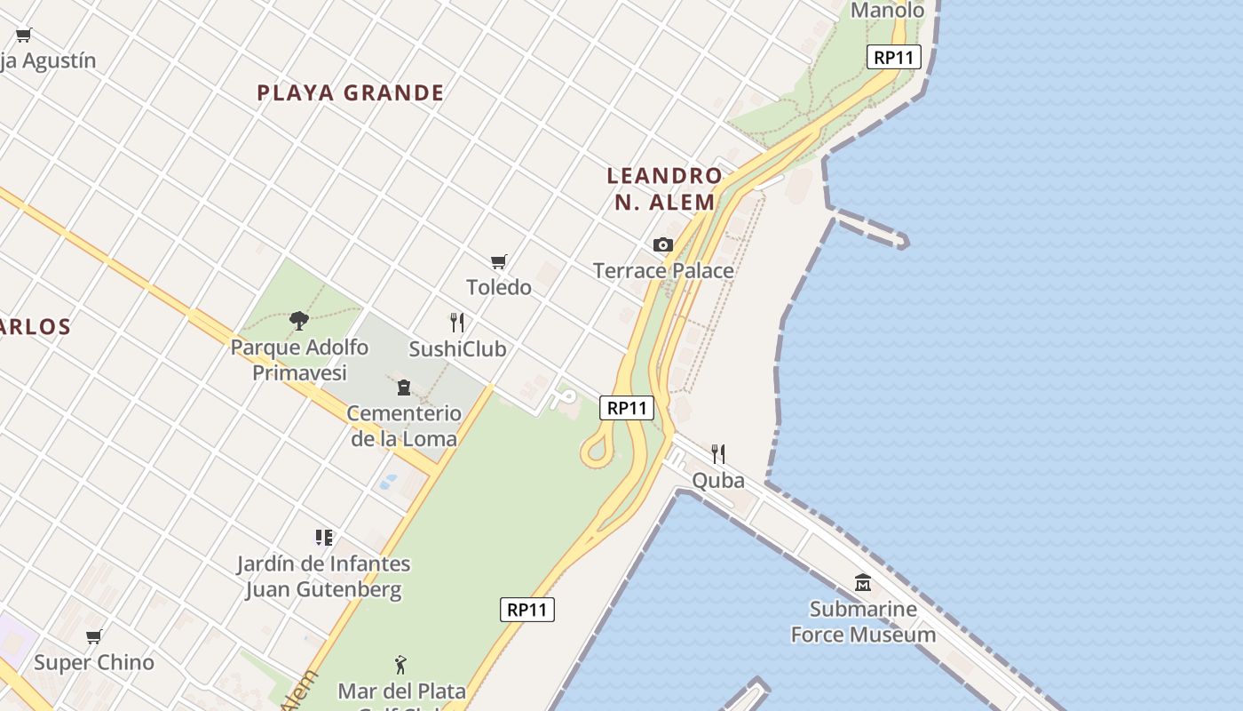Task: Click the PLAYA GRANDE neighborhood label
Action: (x=351, y=92)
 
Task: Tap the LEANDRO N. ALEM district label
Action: (x=664, y=188)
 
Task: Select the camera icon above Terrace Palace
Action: (x=663, y=244)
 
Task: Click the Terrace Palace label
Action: (x=663, y=270)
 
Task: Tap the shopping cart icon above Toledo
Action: (x=499, y=261)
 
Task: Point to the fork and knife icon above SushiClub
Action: (x=457, y=322)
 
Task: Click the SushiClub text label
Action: (x=457, y=348)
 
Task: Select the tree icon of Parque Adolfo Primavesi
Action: (x=299, y=320)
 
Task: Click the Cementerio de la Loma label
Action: (x=404, y=425)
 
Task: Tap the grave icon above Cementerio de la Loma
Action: (x=404, y=387)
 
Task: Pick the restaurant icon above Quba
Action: (x=718, y=454)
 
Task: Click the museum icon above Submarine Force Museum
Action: (x=863, y=583)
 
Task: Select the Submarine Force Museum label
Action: (x=863, y=621)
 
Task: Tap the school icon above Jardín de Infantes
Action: (x=324, y=537)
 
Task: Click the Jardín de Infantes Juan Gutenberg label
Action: (x=324, y=576)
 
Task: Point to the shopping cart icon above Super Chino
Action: (x=94, y=636)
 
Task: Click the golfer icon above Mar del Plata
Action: (x=400, y=664)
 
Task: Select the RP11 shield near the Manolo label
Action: (x=894, y=58)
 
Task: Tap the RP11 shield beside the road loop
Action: (x=627, y=408)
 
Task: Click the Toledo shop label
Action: (x=499, y=287)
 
